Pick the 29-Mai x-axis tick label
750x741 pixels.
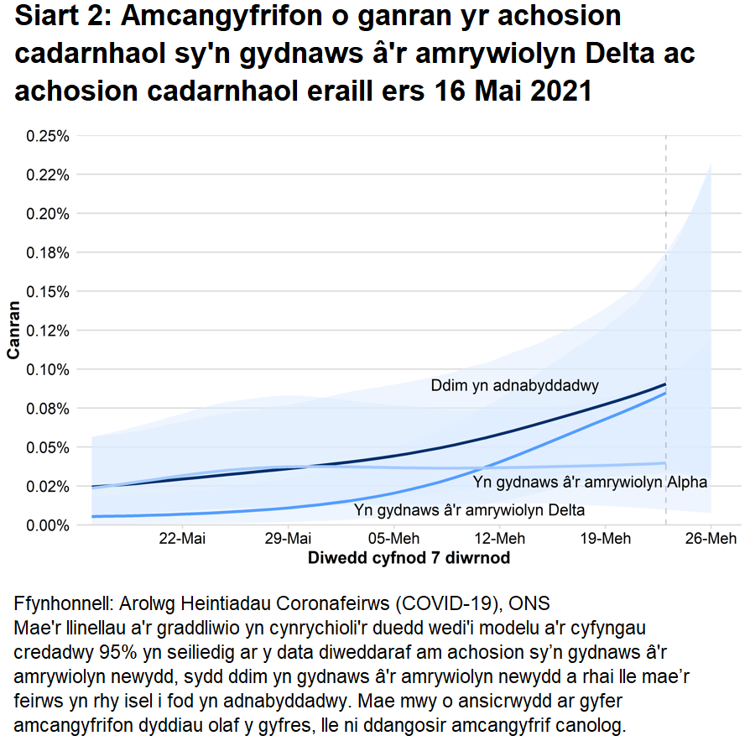click(x=288, y=539)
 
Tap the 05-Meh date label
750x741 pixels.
click(x=393, y=539)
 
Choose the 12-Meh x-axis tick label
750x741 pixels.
click(x=499, y=539)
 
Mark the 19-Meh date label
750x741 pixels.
click(x=605, y=539)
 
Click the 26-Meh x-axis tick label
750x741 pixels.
click(x=711, y=539)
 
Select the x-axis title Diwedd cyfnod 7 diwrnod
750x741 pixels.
click(x=409, y=557)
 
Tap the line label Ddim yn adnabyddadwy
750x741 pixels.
click(x=514, y=387)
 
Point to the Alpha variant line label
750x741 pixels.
click(x=590, y=483)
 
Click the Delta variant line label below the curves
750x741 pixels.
click(x=469, y=509)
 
